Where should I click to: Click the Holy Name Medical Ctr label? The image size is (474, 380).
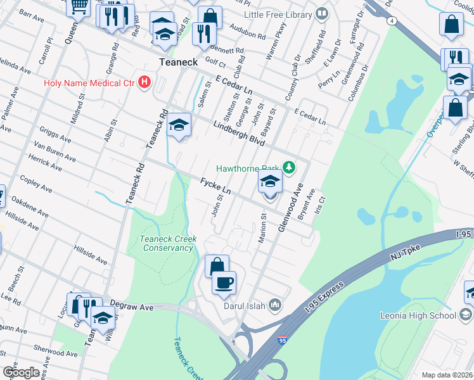tap(91, 82)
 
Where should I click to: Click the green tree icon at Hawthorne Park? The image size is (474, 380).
tap(290, 167)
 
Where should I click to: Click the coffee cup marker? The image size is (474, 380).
tap(224, 282)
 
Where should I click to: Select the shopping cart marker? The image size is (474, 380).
tap(78, 6)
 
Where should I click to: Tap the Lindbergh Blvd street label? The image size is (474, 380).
tap(238, 130)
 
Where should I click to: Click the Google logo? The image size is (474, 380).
tap(21, 372)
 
